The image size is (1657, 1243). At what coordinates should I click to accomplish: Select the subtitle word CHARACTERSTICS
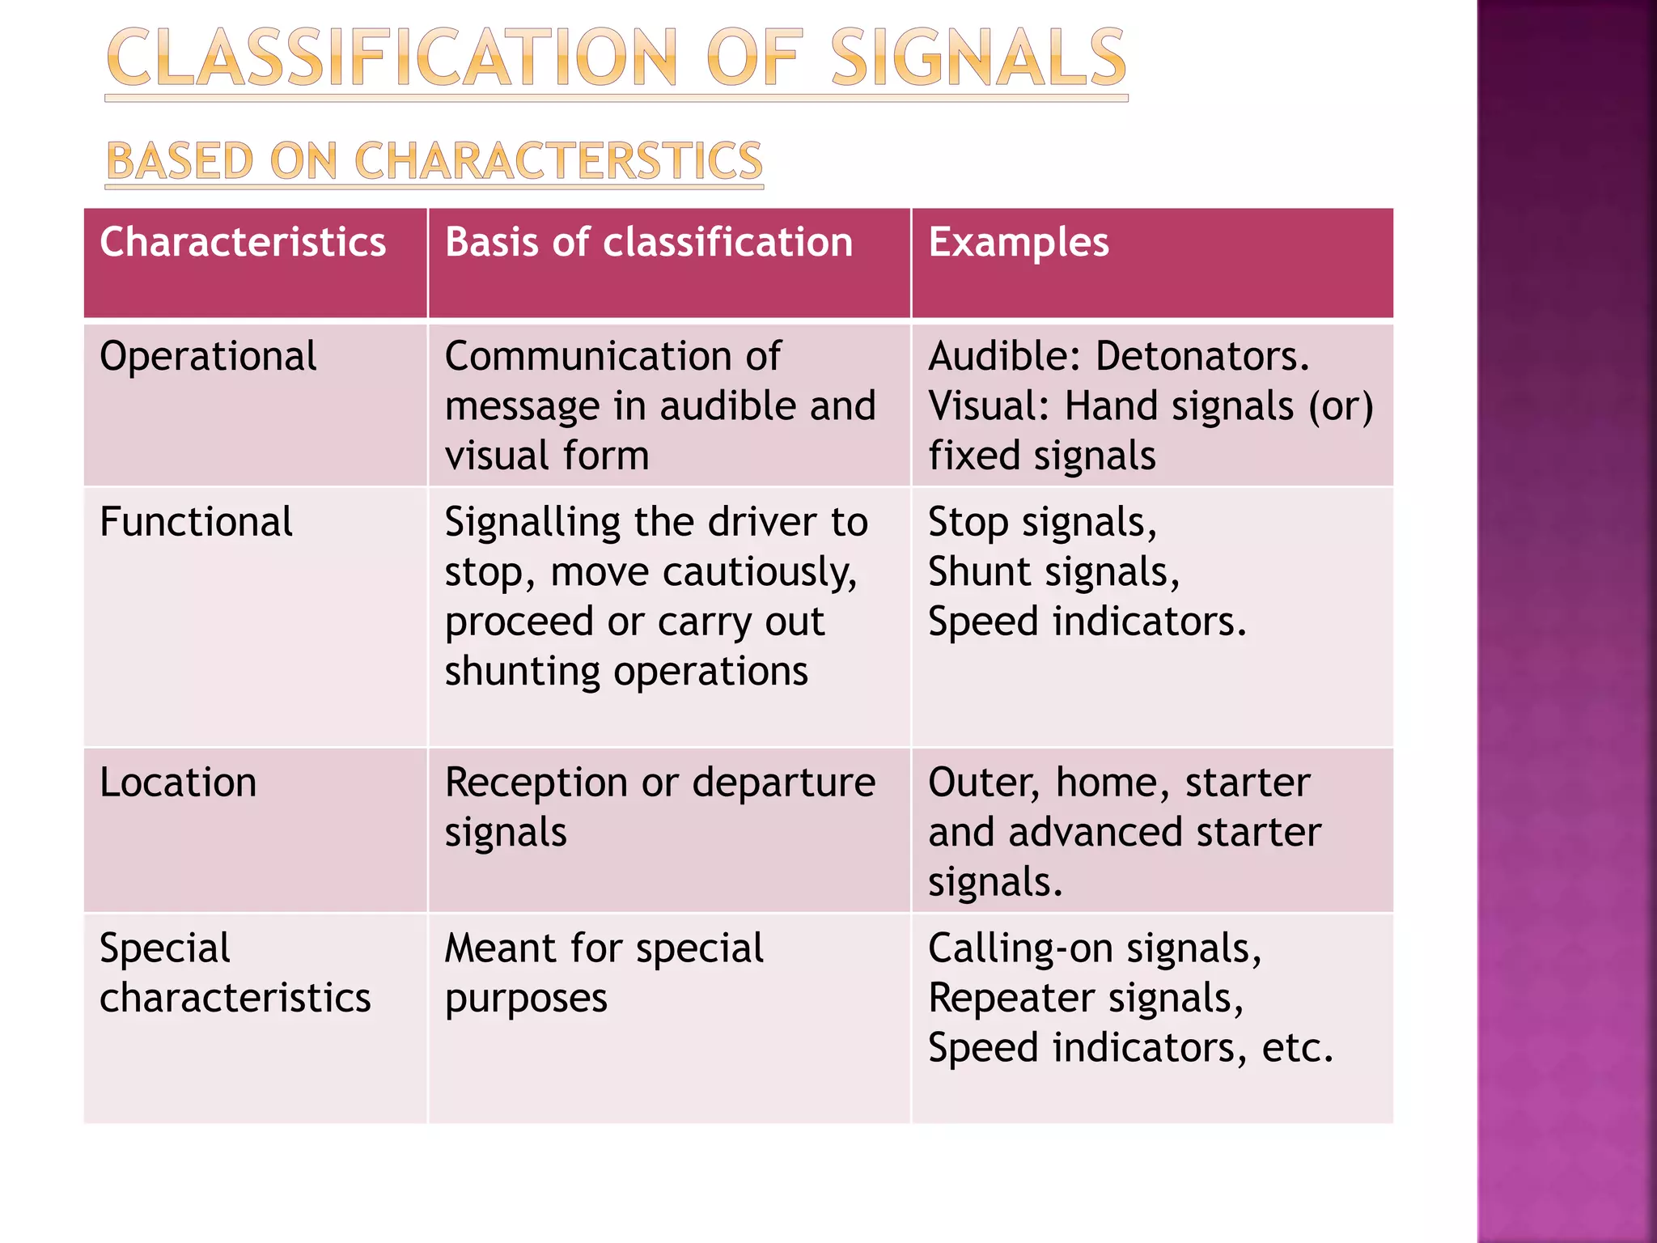point(558,160)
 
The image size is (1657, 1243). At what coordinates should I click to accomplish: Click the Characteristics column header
point(243,242)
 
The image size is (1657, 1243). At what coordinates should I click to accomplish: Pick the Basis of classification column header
point(649,242)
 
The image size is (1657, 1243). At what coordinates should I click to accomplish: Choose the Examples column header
point(1018,242)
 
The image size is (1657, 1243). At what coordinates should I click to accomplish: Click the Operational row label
point(208,356)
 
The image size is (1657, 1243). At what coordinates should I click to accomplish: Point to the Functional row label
point(196,521)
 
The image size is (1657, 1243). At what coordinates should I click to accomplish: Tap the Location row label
point(178,783)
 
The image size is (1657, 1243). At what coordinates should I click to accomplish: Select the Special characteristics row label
point(235,973)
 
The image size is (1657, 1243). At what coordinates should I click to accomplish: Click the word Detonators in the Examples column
point(1201,356)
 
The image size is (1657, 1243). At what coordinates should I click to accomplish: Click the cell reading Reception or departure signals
point(659,807)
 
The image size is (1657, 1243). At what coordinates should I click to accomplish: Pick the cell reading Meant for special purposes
point(604,973)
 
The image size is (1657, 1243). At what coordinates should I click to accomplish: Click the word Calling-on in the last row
point(1021,948)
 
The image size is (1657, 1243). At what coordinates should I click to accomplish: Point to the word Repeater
point(1011,999)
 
